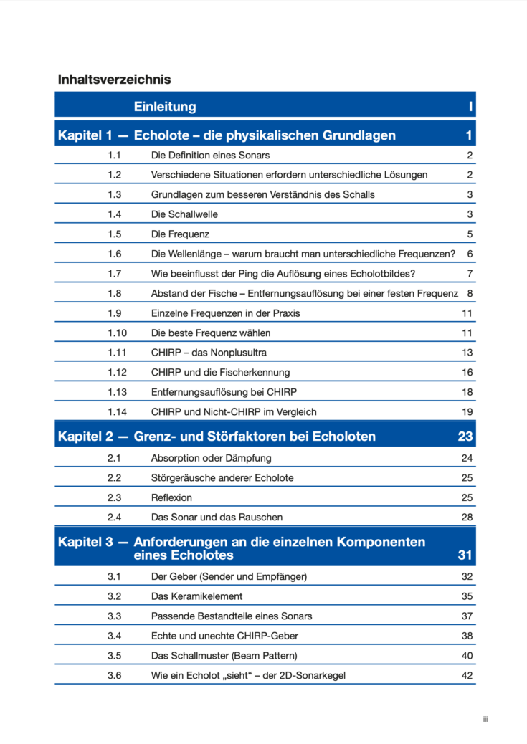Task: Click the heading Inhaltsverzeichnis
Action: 114,80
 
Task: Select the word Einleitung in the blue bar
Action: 164,107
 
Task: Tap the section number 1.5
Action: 115,234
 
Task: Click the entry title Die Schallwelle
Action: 184,214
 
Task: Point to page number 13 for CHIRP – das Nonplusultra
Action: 467,353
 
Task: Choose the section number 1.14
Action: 117,411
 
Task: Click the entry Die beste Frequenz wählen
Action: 211,333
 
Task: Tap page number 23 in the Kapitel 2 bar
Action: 465,437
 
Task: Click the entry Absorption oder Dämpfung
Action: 211,458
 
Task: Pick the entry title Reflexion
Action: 171,497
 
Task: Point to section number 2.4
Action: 115,517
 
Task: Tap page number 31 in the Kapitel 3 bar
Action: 465,555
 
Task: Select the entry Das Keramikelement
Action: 196,596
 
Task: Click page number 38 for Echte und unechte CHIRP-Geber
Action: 467,635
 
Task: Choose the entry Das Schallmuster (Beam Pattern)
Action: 224,655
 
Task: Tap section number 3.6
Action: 115,675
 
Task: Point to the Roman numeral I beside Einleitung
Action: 470,107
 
